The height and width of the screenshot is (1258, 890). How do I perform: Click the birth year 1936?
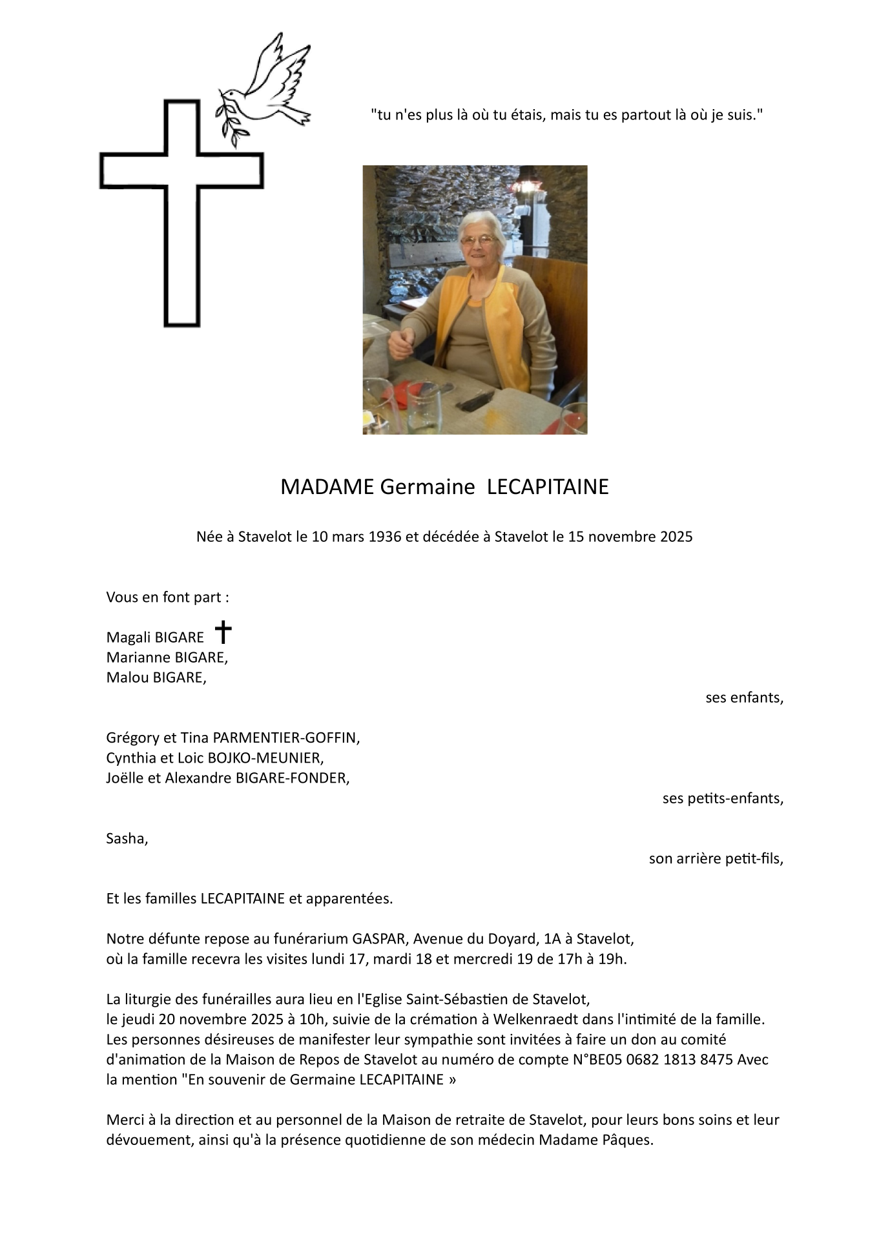(x=384, y=537)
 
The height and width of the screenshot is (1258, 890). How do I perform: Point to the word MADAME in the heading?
(x=327, y=487)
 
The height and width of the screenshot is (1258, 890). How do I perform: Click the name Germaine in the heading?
(x=427, y=487)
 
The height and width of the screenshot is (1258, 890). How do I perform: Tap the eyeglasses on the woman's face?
(x=478, y=240)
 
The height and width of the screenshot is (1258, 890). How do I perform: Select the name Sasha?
(x=126, y=839)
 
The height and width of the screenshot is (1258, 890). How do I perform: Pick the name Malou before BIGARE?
(x=127, y=678)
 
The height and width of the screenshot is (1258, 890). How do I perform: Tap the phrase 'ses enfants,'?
(x=744, y=698)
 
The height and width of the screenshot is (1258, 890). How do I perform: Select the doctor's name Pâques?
(x=630, y=1140)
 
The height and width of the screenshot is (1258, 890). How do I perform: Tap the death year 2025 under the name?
(x=676, y=537)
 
